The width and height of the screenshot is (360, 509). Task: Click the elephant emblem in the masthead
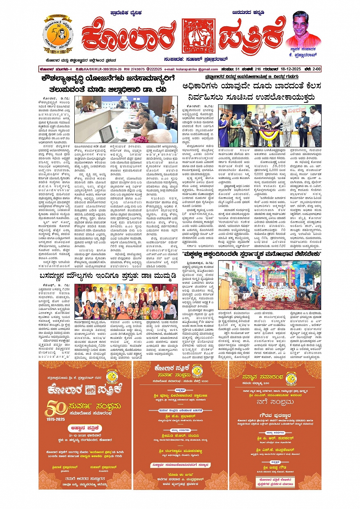(198, 37)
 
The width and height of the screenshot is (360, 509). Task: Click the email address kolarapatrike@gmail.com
(197, 69)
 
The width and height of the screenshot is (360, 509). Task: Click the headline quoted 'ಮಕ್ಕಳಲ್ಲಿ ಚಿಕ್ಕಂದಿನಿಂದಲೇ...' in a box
(252, 254)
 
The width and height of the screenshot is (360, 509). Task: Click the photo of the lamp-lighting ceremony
(269, 126)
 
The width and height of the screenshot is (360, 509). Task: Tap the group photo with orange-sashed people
(126, 302)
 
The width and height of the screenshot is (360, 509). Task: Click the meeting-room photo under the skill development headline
(126, 119)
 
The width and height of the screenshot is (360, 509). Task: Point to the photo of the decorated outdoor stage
(270, 280)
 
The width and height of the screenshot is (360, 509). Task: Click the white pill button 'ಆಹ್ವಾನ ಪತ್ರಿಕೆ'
(85, 428)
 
